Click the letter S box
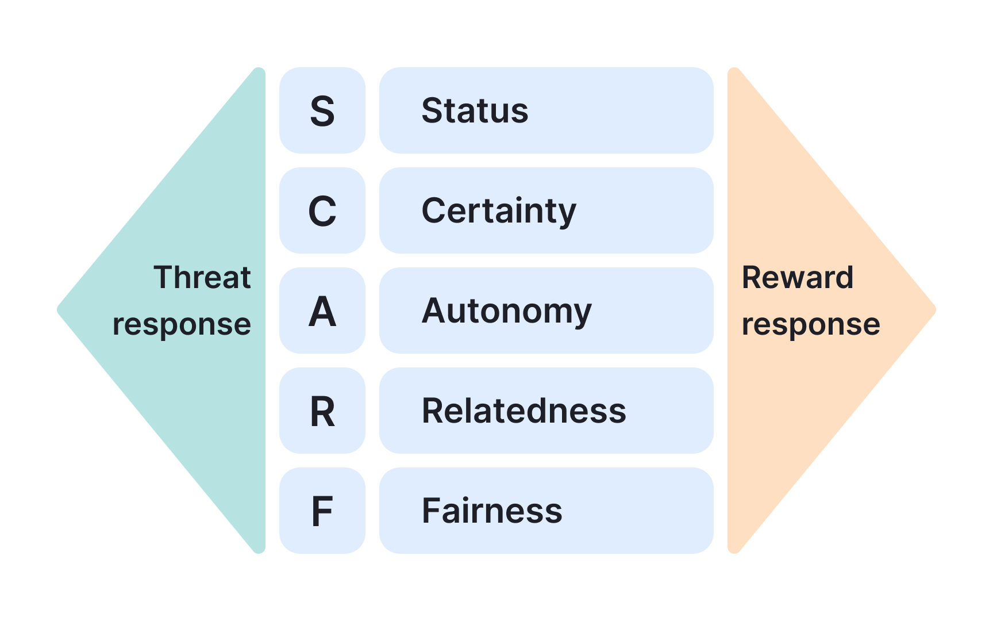322,110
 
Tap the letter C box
322,210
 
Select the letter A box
322,310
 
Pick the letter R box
322,411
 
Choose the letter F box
322,511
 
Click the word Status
475,110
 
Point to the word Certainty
498,211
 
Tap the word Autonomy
506,311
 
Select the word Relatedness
524,411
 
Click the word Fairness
492,511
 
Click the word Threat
202,277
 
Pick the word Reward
797,277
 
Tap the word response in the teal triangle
182,325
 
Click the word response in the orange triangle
811,325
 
